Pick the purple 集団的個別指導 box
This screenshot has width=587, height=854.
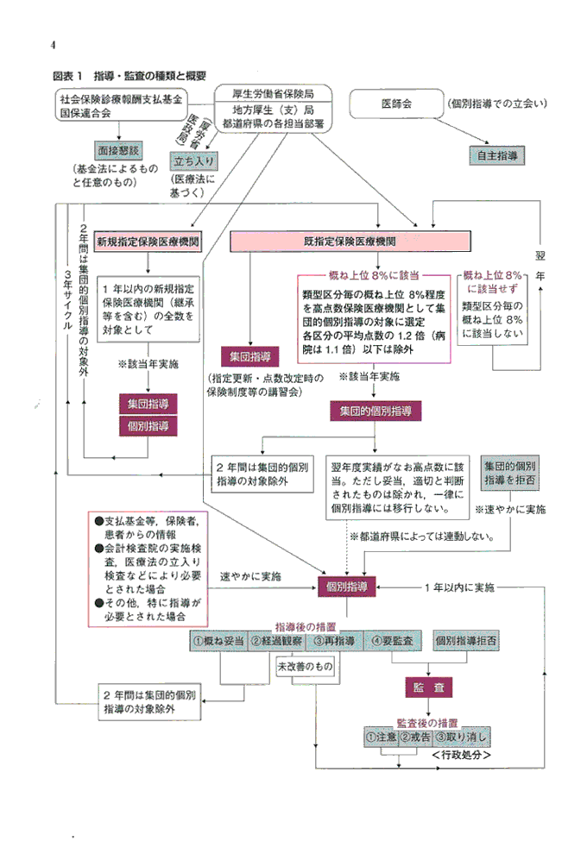point(376,411)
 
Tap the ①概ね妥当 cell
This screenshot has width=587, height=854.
point(218,642)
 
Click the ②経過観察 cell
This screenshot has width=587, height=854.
point(276,642)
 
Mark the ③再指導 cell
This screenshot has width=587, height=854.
point(334,642)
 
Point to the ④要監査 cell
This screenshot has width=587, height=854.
point(393,642)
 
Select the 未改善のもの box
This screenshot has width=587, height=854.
point(304,667)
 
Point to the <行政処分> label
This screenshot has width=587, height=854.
point(461,755)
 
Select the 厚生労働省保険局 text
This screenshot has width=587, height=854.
point(273,93)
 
